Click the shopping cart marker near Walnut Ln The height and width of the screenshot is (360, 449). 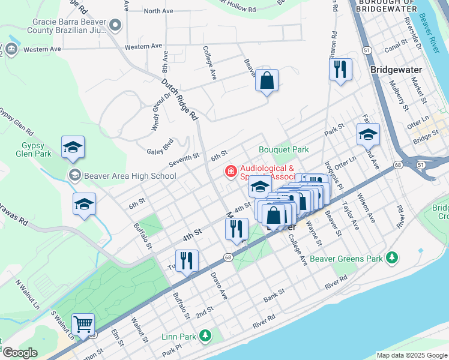pos(83,325)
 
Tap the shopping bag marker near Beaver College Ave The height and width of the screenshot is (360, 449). pos(267,80)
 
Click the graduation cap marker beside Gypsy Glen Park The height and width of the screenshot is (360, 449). pos(73,147)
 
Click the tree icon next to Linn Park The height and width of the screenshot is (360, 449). pos(205,335)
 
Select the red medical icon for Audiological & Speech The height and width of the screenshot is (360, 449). pos(230,172)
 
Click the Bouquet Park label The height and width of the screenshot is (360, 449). pos(283,149)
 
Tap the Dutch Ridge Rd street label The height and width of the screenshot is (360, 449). pos(178,100)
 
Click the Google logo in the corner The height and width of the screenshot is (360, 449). pos(19,352)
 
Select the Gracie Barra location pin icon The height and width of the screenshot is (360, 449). pos(116,25)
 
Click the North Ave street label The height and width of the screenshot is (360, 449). pos(158,11)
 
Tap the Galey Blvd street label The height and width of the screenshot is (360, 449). pos(160,148)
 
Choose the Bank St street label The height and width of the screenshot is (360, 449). pos(273,298)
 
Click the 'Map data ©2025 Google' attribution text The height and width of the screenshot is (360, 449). pos(412,355)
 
